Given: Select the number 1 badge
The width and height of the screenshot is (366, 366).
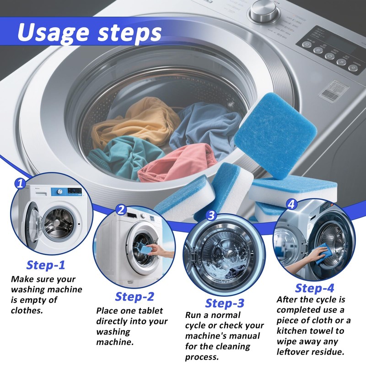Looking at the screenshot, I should pyautogui.click(x=19, y=184).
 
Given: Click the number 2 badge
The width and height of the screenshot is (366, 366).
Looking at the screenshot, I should pyautogui.click(x=121, y=210).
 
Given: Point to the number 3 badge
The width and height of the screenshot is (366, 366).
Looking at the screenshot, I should pyautogui.click(x=211, y=215).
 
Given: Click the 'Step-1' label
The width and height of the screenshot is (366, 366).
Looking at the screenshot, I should pyautogui.click(x=46, y=265).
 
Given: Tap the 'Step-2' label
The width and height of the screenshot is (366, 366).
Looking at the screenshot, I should pyautogui.click(x=135, y=296).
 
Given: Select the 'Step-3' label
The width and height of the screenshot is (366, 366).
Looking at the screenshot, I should pyautogui.click(x=225, y=303).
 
